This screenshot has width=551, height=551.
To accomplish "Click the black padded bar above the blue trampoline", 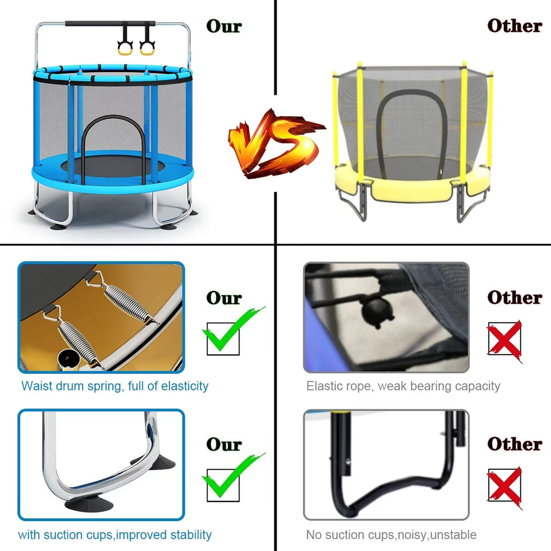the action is click(110, 24).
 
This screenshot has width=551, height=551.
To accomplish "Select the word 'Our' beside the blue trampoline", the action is click(224, 26).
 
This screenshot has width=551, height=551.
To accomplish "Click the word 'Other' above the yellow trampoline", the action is click(514, 26).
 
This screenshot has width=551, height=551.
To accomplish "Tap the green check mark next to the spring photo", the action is click(232, 330).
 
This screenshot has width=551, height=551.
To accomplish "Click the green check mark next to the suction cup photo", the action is click(232, 477).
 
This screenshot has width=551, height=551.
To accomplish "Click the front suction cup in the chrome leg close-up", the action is click(89, 503).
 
